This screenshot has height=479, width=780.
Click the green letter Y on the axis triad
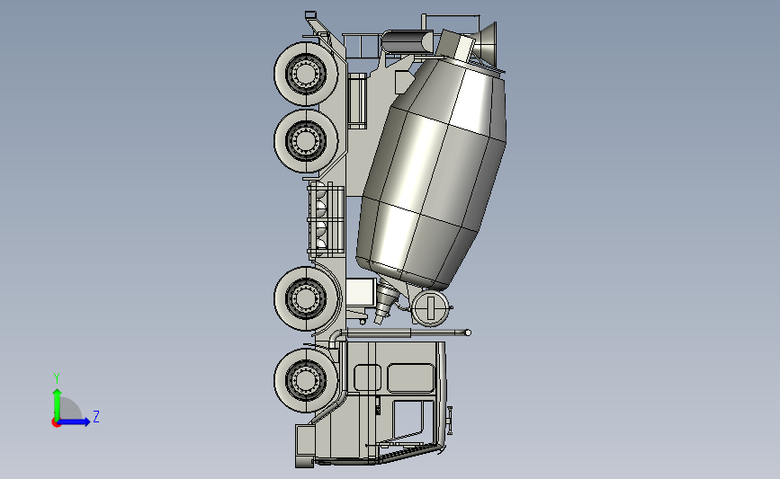57,378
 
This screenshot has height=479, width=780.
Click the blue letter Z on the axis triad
96,416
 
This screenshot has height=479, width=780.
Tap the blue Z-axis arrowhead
86,421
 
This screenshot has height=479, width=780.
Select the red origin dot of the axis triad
56,423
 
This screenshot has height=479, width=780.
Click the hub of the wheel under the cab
306,379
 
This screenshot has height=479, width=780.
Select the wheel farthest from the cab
307,74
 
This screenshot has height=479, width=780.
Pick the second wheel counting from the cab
307,298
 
